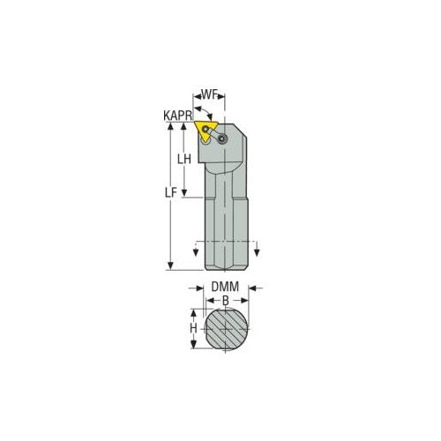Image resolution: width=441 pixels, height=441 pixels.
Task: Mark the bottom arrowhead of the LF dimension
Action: point(168,265)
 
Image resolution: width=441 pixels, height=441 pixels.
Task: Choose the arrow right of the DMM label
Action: point(254,288)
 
